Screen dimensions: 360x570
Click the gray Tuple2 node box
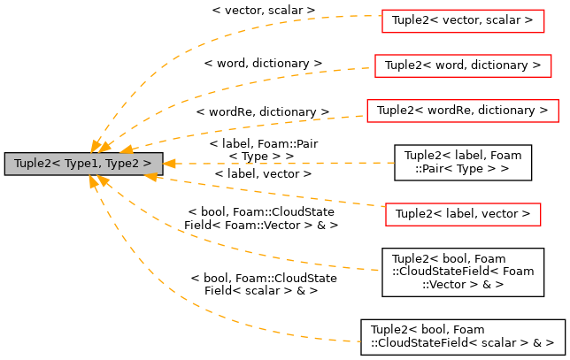click(x=83, y=164)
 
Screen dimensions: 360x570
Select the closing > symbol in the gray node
click(x=147, y=164)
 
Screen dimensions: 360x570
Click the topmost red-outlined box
click(x=463, y=21)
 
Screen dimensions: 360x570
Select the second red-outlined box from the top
click(x=463, y=66)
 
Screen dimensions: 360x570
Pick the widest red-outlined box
click(x=462, y=111)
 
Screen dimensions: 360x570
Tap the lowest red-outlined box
click(x=463, y=215)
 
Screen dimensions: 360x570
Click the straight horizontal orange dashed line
click(x=283, y=164)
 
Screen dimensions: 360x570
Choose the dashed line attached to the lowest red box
click(x=266, y=192)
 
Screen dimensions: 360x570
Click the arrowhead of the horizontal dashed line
click(x=169, y=164)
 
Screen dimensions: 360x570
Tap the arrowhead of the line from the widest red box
click(x=127, y=149)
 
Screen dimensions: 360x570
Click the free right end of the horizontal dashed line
click(x=393, y=163)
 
